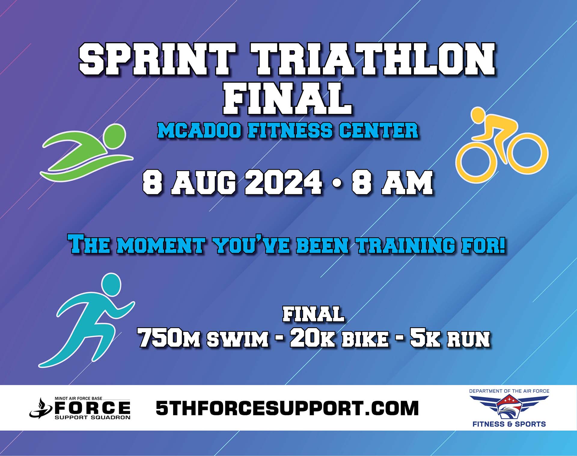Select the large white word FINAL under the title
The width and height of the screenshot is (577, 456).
click(x=288, y=98)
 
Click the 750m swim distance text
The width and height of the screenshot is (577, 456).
click(x=203, y=338)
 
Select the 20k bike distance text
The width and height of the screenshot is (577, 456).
click(x=339, y=338)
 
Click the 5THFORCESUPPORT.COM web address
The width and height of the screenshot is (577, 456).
click(x=287, y=408)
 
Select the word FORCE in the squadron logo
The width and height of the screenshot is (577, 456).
click(x=92, y=408)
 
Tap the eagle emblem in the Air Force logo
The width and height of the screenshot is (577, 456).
click(x=509, y=407)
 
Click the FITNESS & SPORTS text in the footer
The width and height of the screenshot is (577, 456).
click(x=509, y=424)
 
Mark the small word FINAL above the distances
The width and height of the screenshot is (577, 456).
click(x=313, y=314)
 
